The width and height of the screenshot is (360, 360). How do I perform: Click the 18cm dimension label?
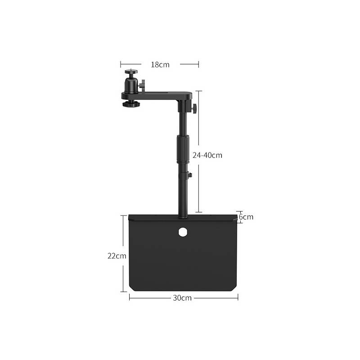160,65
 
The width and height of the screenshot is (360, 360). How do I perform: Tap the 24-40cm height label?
207,155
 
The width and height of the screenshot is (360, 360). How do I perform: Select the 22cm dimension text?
117,256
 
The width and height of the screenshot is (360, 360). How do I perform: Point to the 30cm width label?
182,298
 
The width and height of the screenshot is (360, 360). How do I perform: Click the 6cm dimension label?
246,217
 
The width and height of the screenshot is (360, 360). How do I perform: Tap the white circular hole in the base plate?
183,232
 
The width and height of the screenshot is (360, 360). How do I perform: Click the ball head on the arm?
131,85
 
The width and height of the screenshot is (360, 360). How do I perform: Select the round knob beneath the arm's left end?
131,104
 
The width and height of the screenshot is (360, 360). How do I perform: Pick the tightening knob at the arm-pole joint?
194,108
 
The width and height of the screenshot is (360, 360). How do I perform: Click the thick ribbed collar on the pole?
183,149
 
